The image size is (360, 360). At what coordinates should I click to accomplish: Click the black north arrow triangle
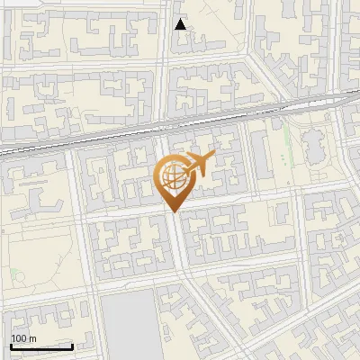point(181,24)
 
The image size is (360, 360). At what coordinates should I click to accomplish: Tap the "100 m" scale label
point(23,338)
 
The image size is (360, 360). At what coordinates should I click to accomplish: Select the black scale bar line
point(41,346)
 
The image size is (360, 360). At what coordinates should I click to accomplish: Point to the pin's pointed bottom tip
point(174,211)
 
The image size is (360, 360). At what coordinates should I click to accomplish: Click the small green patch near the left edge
point(13,272)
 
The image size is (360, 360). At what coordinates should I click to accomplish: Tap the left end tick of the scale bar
point(12,345)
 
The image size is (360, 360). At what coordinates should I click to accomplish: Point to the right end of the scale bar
point(72,345)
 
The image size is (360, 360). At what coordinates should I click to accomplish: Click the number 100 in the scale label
point(19,338)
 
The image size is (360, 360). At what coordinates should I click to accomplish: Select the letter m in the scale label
point(31,338)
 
